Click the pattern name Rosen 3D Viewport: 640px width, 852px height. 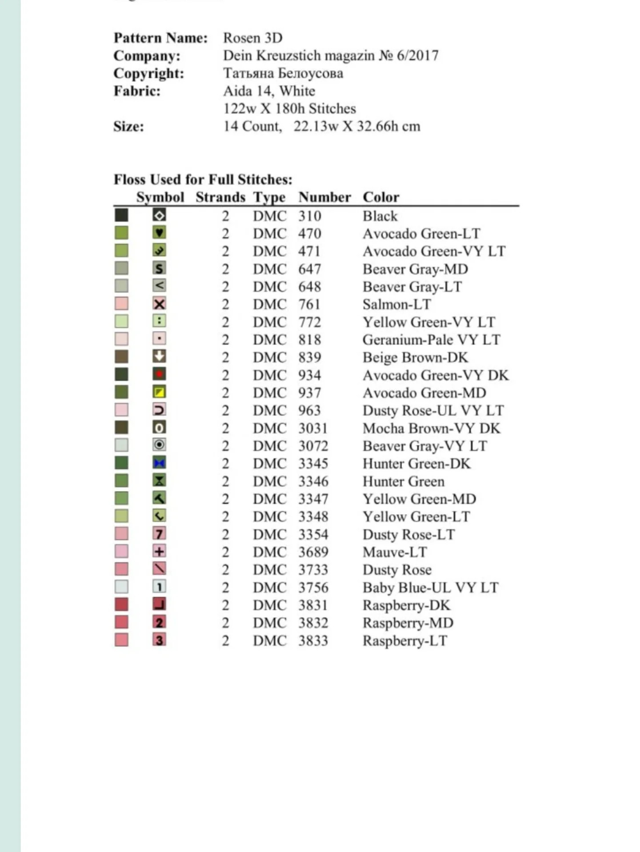click(x=252, y=38)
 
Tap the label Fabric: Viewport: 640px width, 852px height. click(x=137, y=91)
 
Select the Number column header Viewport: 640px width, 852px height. click(x=324, y=197)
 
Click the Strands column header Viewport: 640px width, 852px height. click(x=220, y=197)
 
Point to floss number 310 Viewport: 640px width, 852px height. click(x=309, y=216)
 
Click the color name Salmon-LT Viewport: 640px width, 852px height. click(x=396, y=304)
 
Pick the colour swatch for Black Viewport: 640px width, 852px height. click(x=121, y=216)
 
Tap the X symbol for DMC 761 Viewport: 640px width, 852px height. click(x=159, y=304)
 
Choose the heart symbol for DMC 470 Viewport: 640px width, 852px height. click(x=159, y=232)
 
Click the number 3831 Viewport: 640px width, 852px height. click(x=313, y=605)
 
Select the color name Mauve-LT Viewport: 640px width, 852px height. click(x=395, y=552)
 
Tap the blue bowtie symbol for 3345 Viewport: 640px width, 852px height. click(x=159, y=463)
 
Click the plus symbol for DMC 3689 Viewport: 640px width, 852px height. click(x=159, y=552)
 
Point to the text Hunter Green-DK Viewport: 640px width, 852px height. click(x=416, y=464)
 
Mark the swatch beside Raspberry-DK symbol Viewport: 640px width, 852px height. click(x=121, y=604)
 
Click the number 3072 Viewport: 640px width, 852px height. click(x=313, y=446)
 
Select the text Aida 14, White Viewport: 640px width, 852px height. click(x=269, y=91)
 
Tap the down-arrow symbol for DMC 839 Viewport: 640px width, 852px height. click(x=159, y=356)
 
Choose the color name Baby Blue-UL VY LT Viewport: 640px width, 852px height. click(x=430, y=588)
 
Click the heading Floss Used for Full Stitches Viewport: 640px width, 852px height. click(x=203, y=180)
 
